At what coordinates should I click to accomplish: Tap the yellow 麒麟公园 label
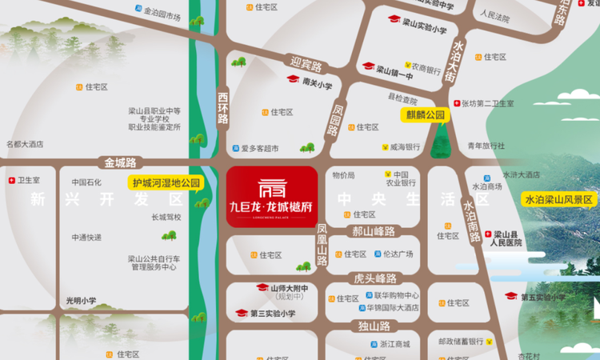tap(423, 115)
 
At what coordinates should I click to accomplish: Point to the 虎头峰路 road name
tap(375, 278)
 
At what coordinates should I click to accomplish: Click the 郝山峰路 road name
tap(374, 231)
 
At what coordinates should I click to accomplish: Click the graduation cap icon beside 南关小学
tap(293, 79)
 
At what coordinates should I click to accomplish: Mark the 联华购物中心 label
tap(397, 295)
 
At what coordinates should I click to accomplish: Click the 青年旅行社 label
tap(486, 146)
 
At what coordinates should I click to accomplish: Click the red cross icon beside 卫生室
tap(11, 181)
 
